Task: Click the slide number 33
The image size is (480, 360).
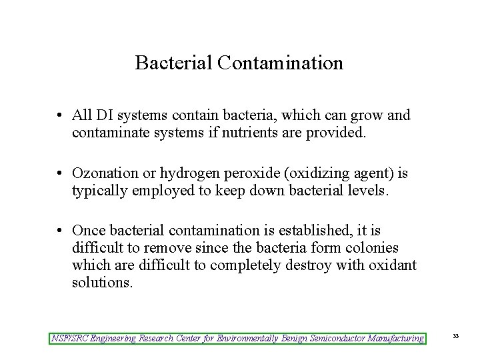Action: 456,336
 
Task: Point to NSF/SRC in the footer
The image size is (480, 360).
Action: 69,338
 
